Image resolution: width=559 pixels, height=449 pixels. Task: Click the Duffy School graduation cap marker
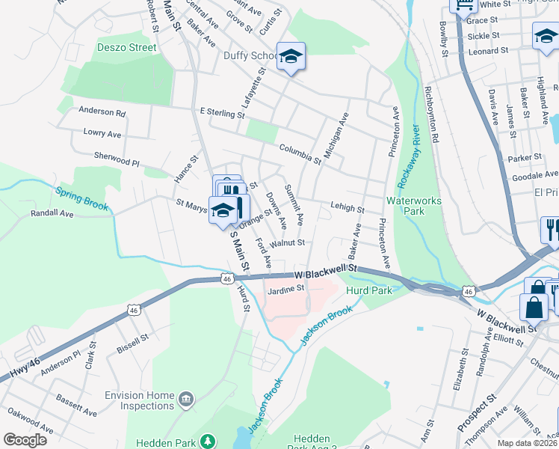[291, 57]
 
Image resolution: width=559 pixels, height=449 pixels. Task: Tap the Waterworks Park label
[413, 206]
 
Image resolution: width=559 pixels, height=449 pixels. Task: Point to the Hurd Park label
[370, 290]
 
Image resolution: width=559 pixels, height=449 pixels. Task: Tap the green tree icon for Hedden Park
[211, 442]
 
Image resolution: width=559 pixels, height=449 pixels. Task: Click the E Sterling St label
[222, 114]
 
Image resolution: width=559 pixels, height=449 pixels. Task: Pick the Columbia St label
[300, 154]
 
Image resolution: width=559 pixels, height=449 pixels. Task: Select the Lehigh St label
[347, 209]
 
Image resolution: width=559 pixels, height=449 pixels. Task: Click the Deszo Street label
[126, 47]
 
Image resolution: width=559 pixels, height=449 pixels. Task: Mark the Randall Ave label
[52, 213]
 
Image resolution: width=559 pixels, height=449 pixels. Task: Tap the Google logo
[25, 440]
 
